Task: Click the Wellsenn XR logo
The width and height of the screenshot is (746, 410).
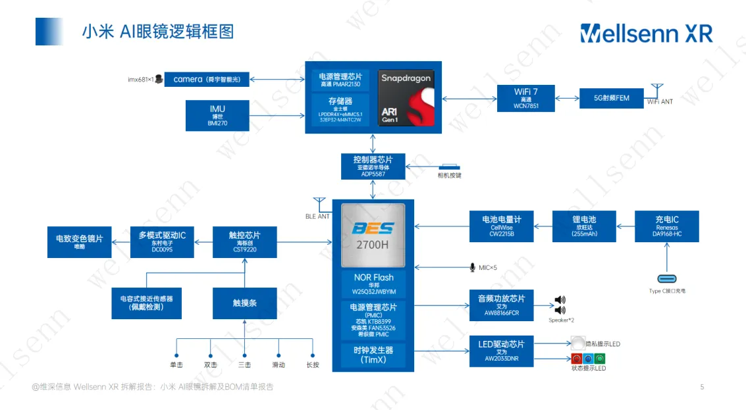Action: pyautogui.click(x=646, y=33)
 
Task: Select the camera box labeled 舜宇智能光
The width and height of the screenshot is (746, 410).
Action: pyautogui.click(x=206, y=79)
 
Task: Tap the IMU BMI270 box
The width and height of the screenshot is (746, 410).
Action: pyautogui.click(x=217, y=115)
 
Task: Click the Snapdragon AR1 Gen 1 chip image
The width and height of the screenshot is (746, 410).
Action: pyautogui.click(x=406, y=99)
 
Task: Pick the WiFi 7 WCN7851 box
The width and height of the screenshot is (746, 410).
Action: pyautogui.click(x=526, y=97)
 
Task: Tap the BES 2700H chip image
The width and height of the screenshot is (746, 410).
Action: pyautogui.click(x=373, y=236)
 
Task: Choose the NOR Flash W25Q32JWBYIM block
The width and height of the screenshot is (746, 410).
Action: pyautogui.click(x=373, y=284)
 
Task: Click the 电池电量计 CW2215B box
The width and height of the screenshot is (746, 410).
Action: pyautogui.click(x=502, y=226)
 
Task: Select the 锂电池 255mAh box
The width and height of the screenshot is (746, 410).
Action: pyautogui.click(x=584, y=226)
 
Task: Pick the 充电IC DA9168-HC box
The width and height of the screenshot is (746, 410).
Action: pyautogui.click(x=666, y=226)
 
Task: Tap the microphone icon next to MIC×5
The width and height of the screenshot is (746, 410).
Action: pyautogui.click(x=472, y=267)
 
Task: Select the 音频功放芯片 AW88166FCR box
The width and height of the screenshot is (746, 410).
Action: pyautogui.click(x=502, y=305)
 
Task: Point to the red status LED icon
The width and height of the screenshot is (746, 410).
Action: pyautogui.click(x=577, y=359)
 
